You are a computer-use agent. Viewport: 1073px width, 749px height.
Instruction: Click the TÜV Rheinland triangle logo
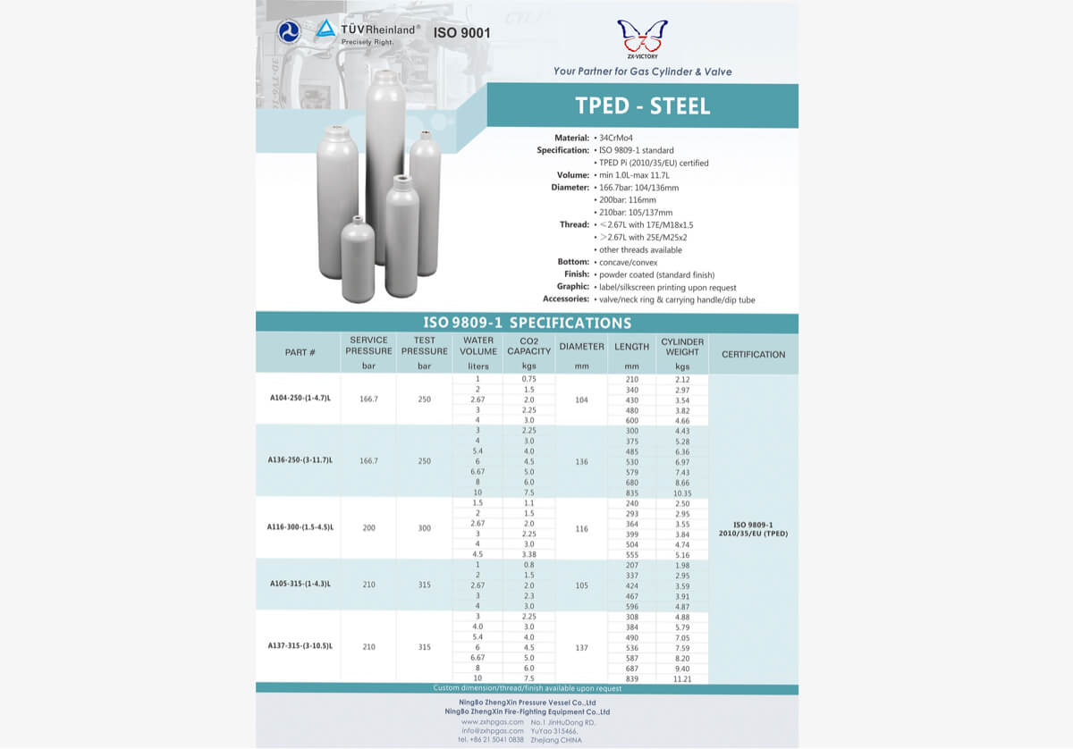pos(325,29)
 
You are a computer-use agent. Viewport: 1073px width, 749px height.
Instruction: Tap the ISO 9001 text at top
pos(461,33)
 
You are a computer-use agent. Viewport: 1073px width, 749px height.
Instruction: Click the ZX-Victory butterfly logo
pos(642,37)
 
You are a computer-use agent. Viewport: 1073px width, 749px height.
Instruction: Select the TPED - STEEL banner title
pos(642,106)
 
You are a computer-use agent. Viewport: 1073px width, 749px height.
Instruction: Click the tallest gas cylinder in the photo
pos(385,165)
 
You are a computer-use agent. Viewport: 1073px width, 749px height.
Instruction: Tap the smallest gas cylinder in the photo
pos(358,259)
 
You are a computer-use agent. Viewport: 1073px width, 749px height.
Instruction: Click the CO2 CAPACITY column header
pos(528,346)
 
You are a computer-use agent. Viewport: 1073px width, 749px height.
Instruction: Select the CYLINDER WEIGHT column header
pos(682,347)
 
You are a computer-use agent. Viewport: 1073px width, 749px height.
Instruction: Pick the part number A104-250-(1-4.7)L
pos(300,399)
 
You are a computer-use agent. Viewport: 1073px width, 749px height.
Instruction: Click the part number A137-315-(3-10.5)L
pos(300,645)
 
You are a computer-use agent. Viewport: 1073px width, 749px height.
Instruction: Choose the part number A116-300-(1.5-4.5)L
pos(300,527)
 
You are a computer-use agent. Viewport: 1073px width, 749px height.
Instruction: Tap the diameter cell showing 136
pos(582,461)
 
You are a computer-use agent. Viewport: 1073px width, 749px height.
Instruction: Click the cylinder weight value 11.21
pos(682,679)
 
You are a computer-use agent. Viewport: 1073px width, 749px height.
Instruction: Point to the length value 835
pos(632,492)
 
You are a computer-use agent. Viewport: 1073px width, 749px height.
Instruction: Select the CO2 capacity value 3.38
pos(528,554)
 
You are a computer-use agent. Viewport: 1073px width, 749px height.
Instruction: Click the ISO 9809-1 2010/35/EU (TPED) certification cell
pos(753,528)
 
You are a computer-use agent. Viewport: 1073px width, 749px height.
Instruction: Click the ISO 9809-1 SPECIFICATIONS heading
pos(527,323)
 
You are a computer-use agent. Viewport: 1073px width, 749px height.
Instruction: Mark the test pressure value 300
pos(425,528)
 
